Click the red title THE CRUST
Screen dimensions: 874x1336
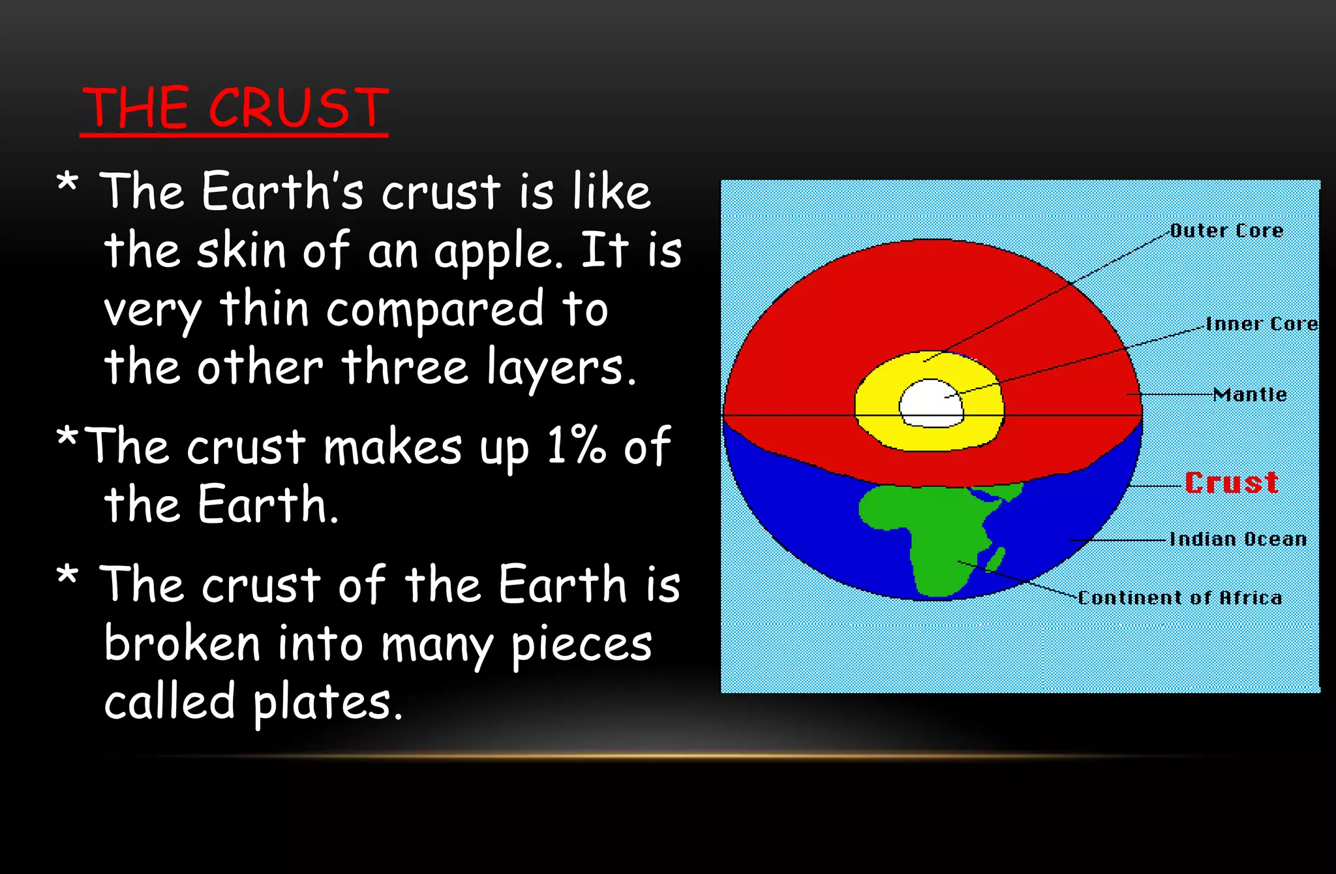pos(235,108)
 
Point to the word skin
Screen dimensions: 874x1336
pos(241,250)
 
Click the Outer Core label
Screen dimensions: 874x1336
pos(1226,230)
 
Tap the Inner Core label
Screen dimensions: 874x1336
pos(1262,324)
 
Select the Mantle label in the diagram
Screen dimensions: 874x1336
pos(1250,394)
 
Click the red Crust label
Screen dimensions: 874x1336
pos(1231,483)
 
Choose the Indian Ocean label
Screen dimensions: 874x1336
pos(1237,539)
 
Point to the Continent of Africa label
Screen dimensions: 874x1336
pos(1179,598)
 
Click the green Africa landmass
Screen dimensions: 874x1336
pos(926,529)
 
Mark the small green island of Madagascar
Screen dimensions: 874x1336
pos(996,558)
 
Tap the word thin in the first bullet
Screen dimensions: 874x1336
pos(264,309)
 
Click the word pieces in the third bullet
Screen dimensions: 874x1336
pos(581,645)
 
